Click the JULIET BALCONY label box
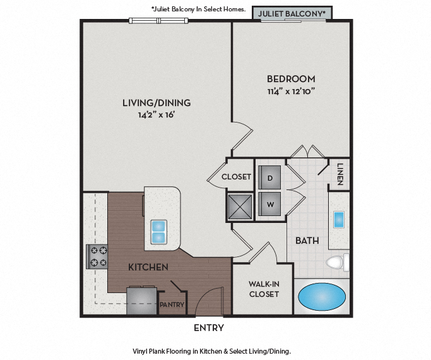pyautogui.click(x=292, y=13)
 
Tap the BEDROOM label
pyautogui.click(x=291, y=79)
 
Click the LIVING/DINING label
pyautogui.click(x=156, y=102)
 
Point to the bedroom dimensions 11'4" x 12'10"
pyautogui.click(x=291, y=91)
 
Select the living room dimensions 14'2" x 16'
pyautogui.click(x=156, y=114)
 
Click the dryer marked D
pyautogui.click(x=269, y=178)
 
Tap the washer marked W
pyautogui.click(x=269, y=205)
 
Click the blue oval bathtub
pyautogui.click(x=322, y=296)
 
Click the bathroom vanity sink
pyautogui.click(x=338, y=220)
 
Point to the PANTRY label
pyautogui.click(x=171, y=304)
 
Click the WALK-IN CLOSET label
pyautogui.click(x=264, y=289)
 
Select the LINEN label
pyautogui.click(x=340, y=174)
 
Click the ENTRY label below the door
pyautogui.click(x=208, y=328)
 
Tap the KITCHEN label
pyautogui.click(x=148, y=267)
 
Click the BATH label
pyautogui.click(x=307, y=241)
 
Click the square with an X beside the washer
pyautogui.click(x=239, y=206)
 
